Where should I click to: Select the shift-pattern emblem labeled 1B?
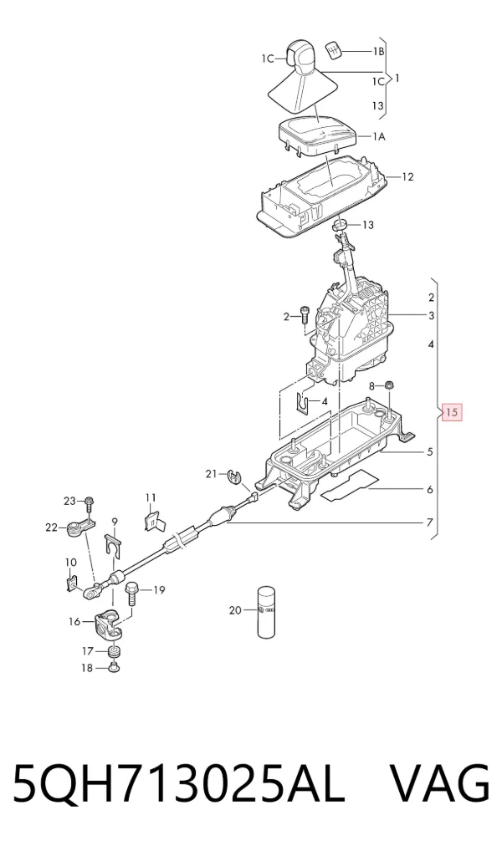pos(334,51)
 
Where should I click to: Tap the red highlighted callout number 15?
pos(452,412)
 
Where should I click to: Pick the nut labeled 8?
pos(390,386)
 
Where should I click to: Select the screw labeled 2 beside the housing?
pos(304,314)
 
